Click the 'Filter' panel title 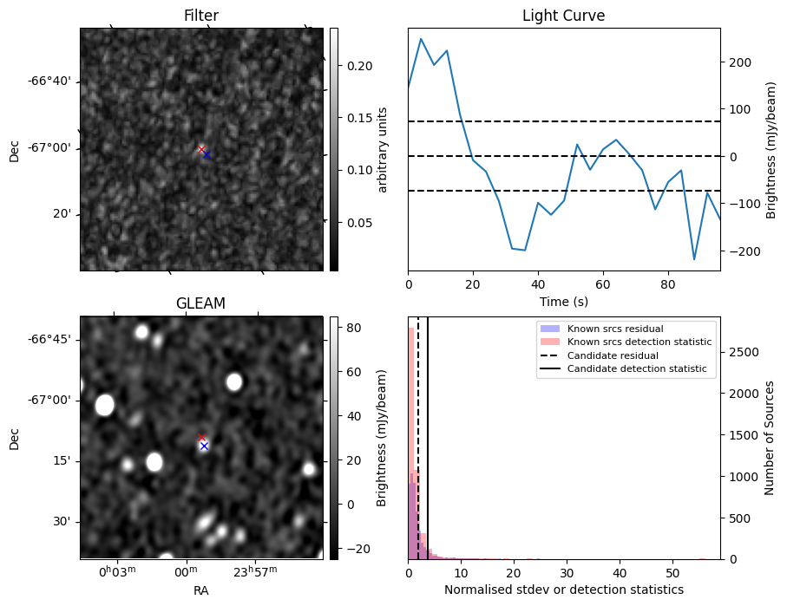(201, 16)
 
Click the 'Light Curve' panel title (563, 16)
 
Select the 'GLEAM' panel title (201, 303)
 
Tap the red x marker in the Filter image (201, 149)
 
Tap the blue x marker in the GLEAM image (204, 446)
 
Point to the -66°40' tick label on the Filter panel (50, 81)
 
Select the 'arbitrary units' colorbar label (383, 149)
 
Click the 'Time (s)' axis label (563, 301)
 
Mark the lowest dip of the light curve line (694, 259)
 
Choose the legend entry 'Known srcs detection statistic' (639, 342)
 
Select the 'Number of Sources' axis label (769, 437)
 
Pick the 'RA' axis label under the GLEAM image (201, 590)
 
